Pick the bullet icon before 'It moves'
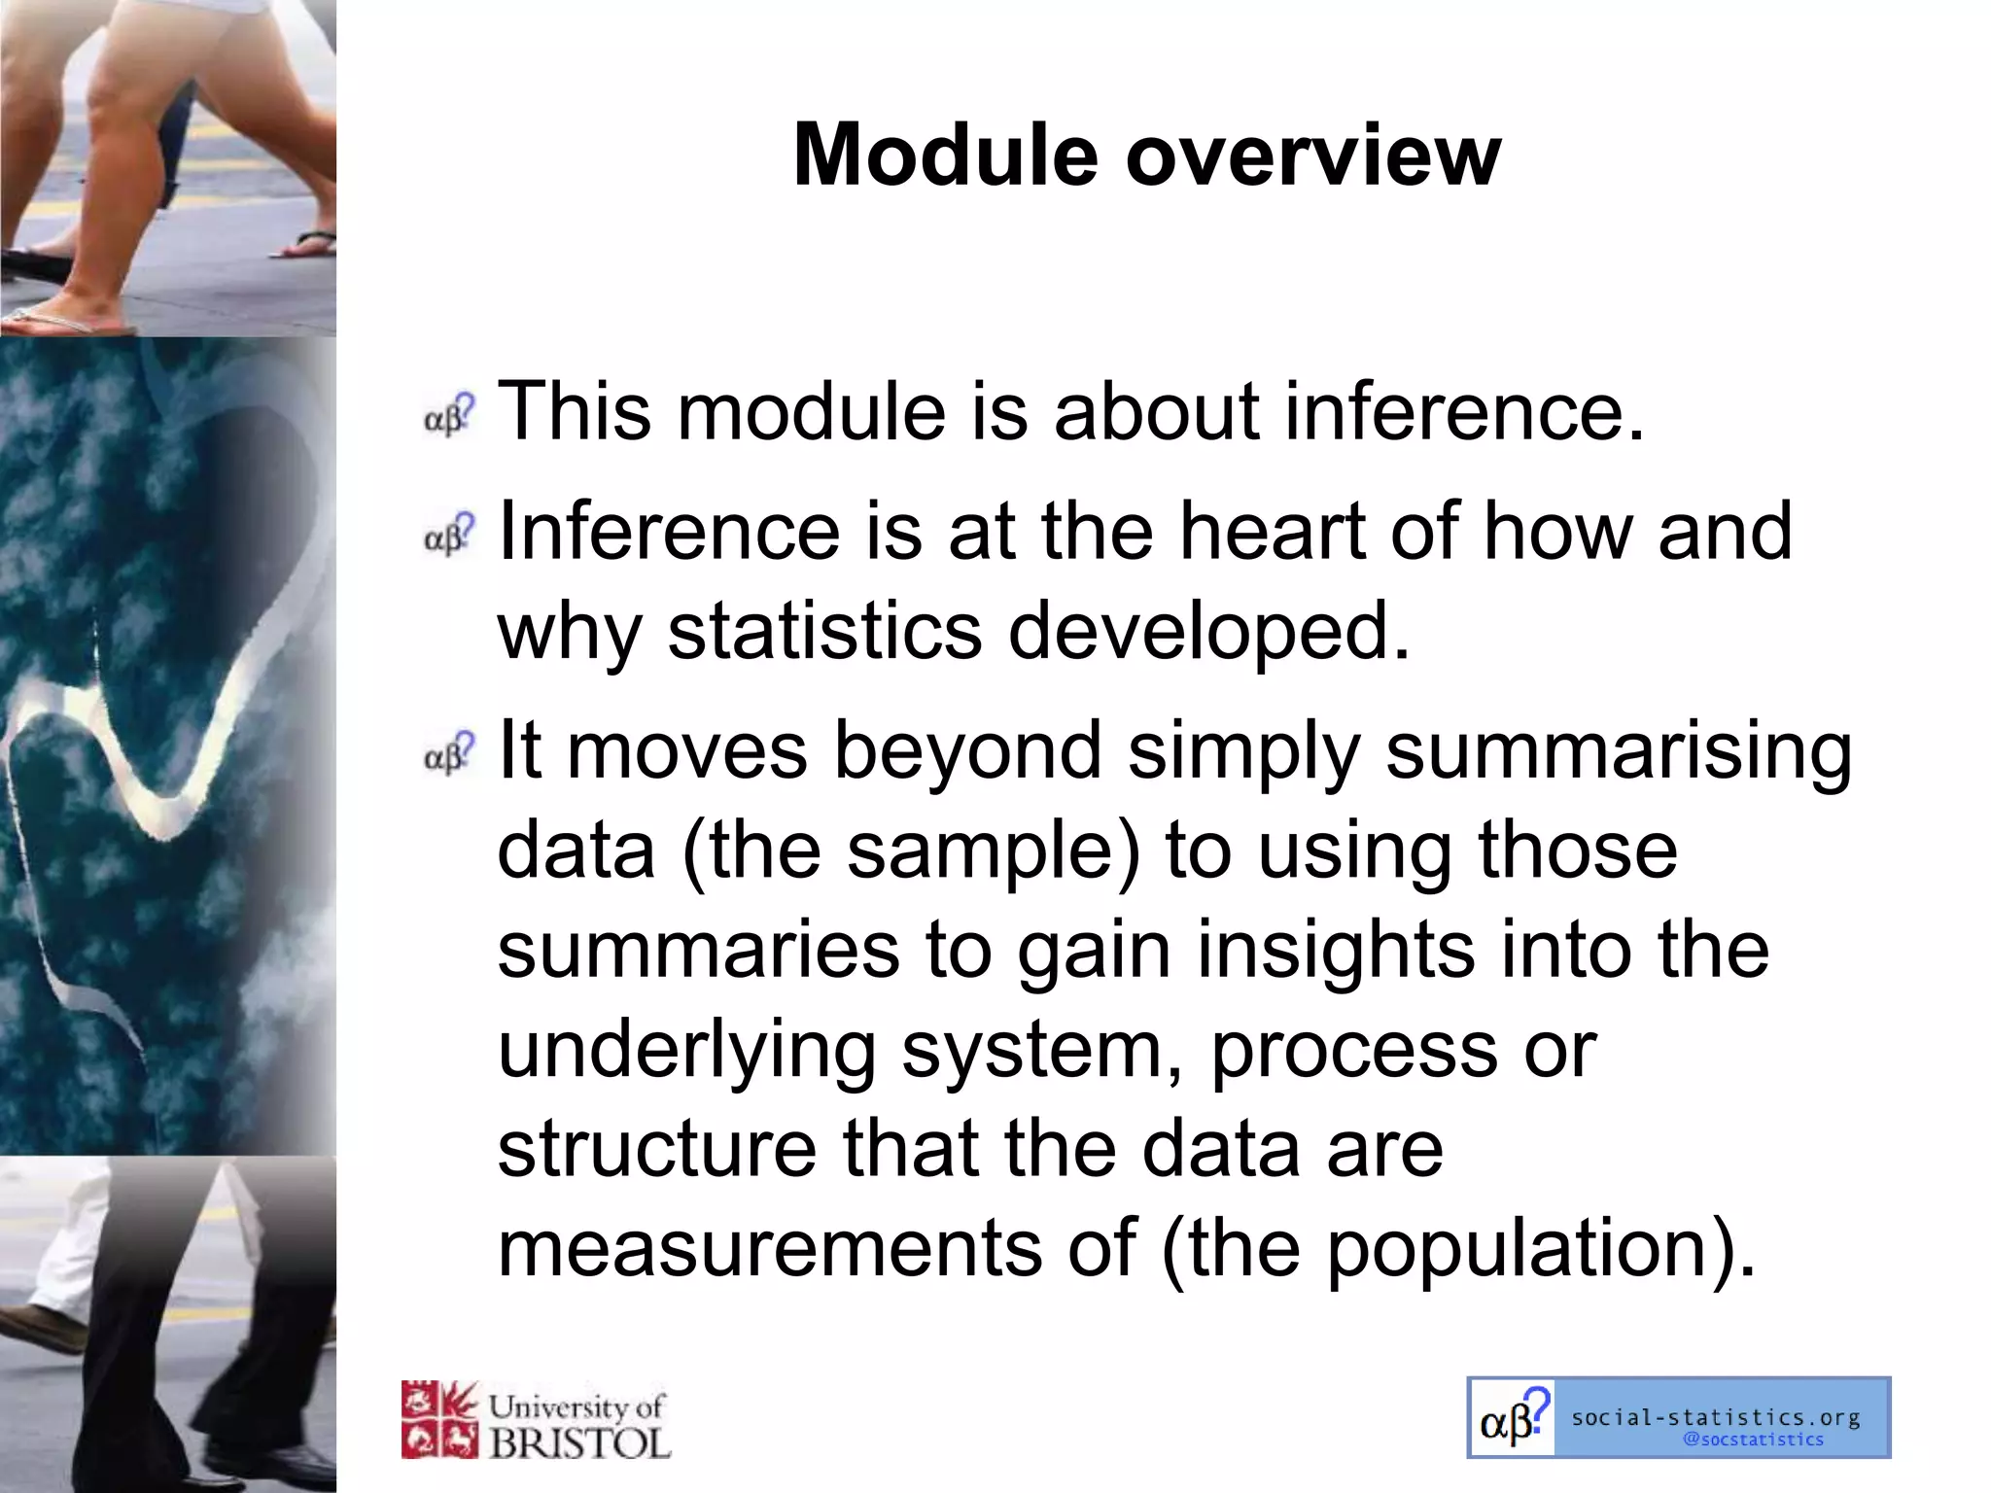449,753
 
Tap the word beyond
967,751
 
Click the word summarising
1618,751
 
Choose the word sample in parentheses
982,851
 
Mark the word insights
1335,950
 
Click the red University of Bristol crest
439,1420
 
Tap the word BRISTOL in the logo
579,1443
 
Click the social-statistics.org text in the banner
1715,1417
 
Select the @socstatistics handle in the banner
1753,1440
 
